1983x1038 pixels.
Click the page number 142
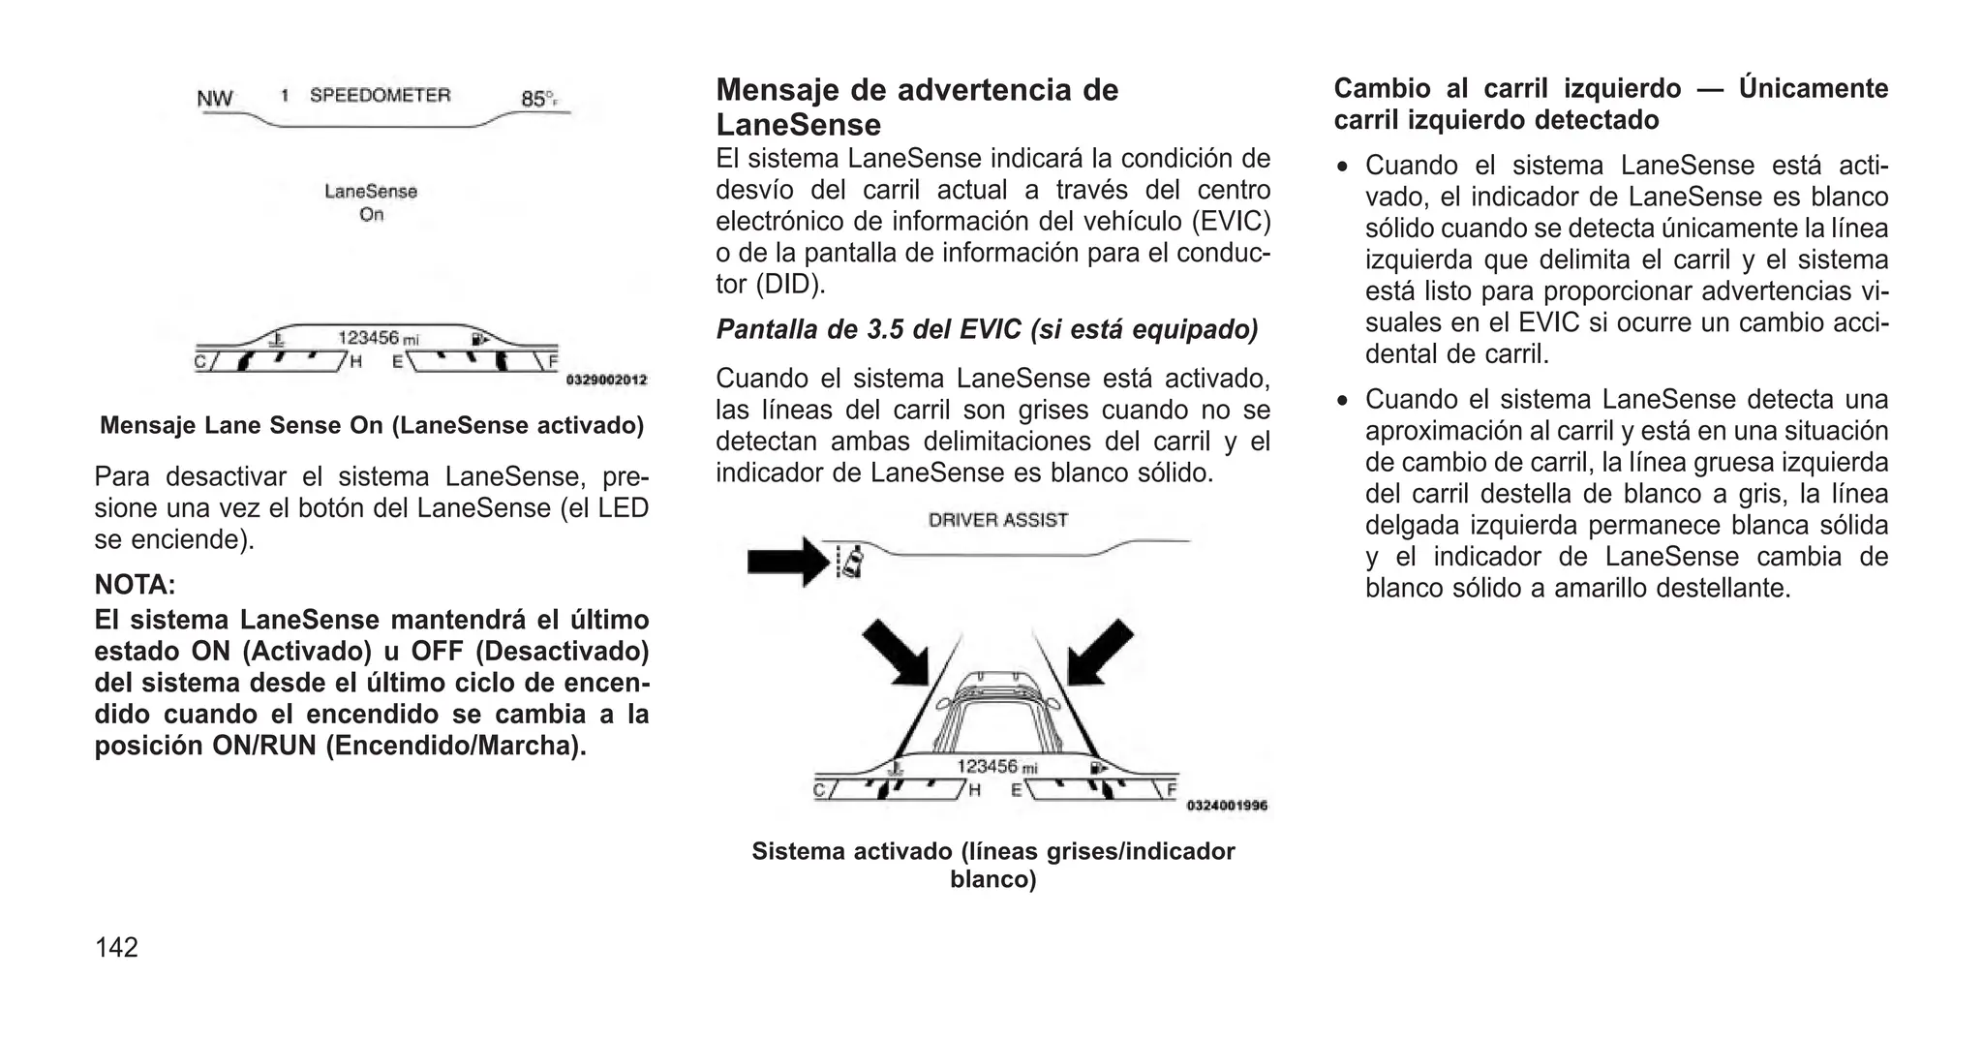(x=116, y=947)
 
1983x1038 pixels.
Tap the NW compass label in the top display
(x=215, y=99)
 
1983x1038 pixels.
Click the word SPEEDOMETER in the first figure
(x=380, y=95)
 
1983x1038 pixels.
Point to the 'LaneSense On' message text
(x=371, y=202)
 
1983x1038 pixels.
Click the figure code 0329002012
(x=606, y=381)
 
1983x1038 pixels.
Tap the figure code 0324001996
(x=1226, y=806)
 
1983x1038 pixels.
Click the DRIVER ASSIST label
(x=997, y=520)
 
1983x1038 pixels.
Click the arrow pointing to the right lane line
(x=1100, y=653)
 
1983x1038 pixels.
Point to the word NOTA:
(x=135, y=585)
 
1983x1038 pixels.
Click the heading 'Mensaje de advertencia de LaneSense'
(x=916, y=107)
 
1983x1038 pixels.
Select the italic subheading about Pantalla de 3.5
(x=987, y=330)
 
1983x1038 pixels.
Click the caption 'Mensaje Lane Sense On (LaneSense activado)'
(x=372, y=426)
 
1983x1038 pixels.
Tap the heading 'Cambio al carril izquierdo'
(x=1610, y=104)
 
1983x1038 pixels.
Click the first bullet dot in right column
(x=1342, y=168)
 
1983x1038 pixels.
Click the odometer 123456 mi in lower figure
(x=996, y=767)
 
